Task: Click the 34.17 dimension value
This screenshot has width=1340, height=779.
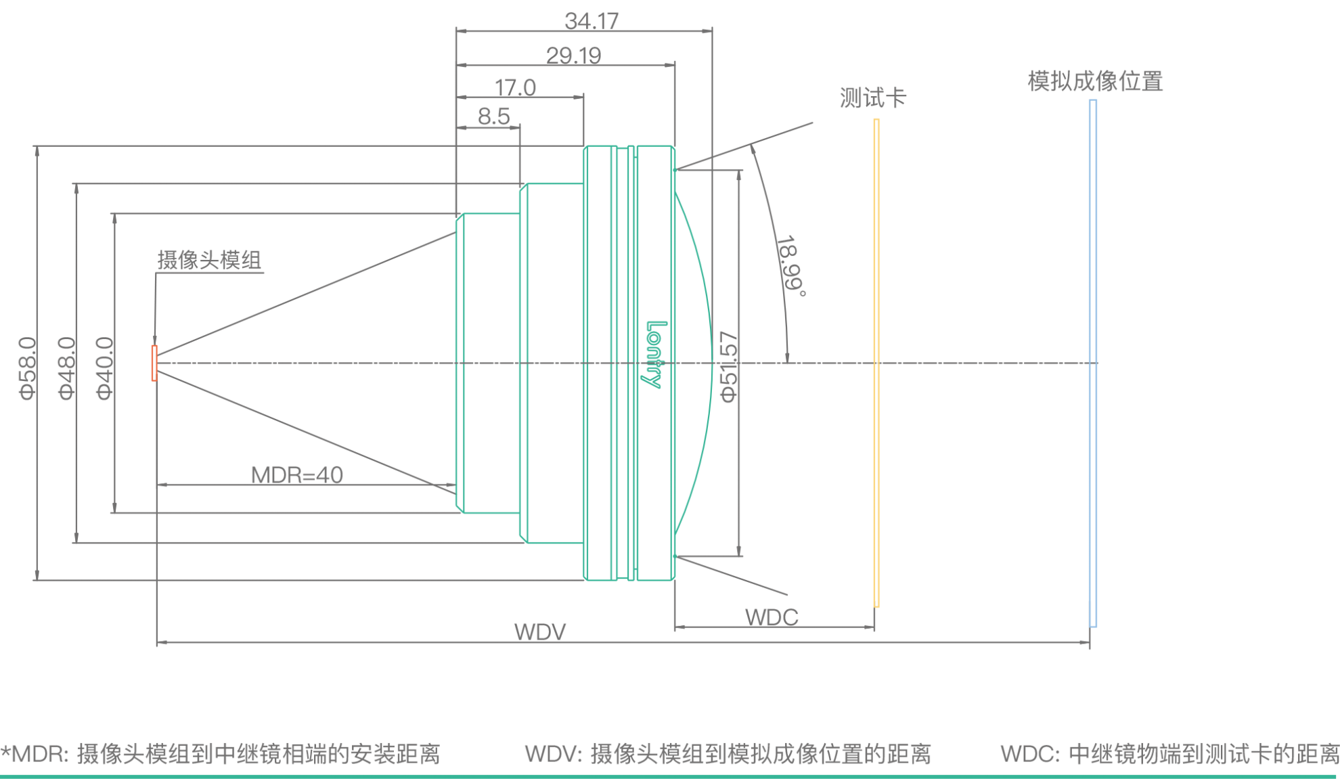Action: [591, 21]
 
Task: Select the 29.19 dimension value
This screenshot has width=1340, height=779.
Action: [573, 55]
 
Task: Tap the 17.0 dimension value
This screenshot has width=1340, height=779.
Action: [515, 88]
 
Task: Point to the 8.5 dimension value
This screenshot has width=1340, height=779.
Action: [493, 116]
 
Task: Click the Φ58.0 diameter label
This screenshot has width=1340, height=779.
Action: [28, 368]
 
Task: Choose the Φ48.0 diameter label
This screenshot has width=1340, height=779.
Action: [66, 368]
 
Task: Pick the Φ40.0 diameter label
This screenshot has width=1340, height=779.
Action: [105, 368]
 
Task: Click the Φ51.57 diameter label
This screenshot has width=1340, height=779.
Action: [728, 367]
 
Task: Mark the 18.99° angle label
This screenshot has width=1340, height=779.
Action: [791, 266]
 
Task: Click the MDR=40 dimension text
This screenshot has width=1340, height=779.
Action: [297, 475]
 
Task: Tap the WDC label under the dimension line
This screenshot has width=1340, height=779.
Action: [772, 617]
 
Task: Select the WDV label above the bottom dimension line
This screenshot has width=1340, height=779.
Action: [539, 632]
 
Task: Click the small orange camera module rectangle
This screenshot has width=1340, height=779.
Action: [154, 363]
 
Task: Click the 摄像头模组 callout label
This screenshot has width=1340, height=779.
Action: [209, 260]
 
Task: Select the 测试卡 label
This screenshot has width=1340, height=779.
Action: [872, 98]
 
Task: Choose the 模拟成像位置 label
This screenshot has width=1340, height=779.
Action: [1094, 81]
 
